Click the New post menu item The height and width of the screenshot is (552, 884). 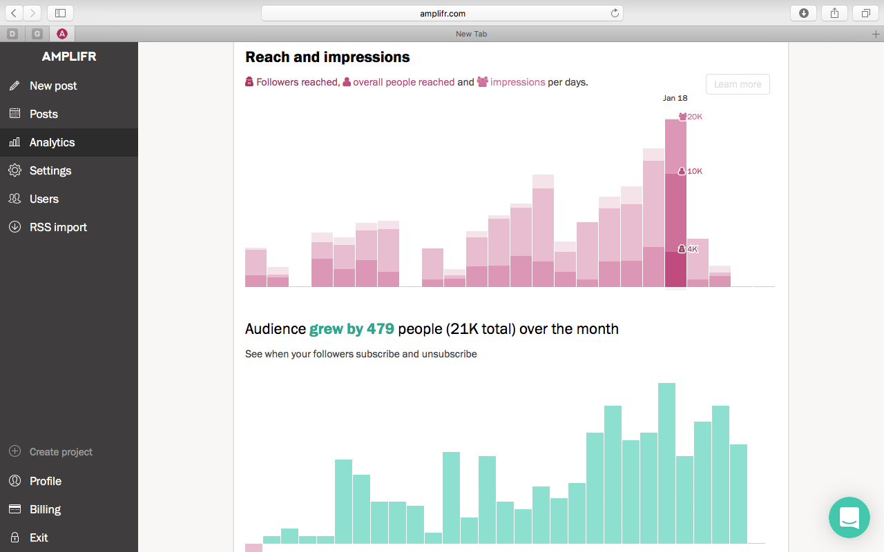click(52, 86)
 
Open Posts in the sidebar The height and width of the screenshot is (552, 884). click(43, 114)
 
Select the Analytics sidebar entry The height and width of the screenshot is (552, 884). click(52, 142)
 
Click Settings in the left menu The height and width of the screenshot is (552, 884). click(50, 170)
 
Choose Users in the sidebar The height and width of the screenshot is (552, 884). click(44, 199)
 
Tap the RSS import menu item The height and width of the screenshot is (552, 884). click(58, 227)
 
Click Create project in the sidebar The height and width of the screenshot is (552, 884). click(60, 452)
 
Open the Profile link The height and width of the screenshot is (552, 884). click(45, 481)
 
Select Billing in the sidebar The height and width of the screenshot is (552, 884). click(45, 509)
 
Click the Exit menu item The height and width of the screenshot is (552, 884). click(39, 538)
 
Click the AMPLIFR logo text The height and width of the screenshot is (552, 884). click(69, 57)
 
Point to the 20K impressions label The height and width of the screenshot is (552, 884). click(694, 117)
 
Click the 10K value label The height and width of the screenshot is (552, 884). click(694, 171)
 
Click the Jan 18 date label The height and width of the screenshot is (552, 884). click(675, 98)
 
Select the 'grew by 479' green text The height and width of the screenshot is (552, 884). click(352, 329)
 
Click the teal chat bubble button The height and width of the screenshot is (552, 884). click(849, 517)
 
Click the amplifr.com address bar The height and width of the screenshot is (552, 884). click(442, 13)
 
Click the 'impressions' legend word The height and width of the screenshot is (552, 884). click(517, 82)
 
